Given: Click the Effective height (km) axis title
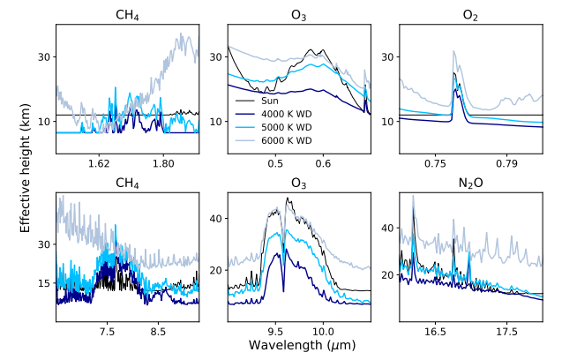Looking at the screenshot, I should pyautogui.click(x=27, y=172).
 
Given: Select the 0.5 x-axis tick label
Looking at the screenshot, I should pyautogui.click(x=275, y=163).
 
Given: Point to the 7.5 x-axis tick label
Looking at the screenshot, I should pyautogui.click(x=107, y=333).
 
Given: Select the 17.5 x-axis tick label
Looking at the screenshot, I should pyautogui.click(x=506, y=333).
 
